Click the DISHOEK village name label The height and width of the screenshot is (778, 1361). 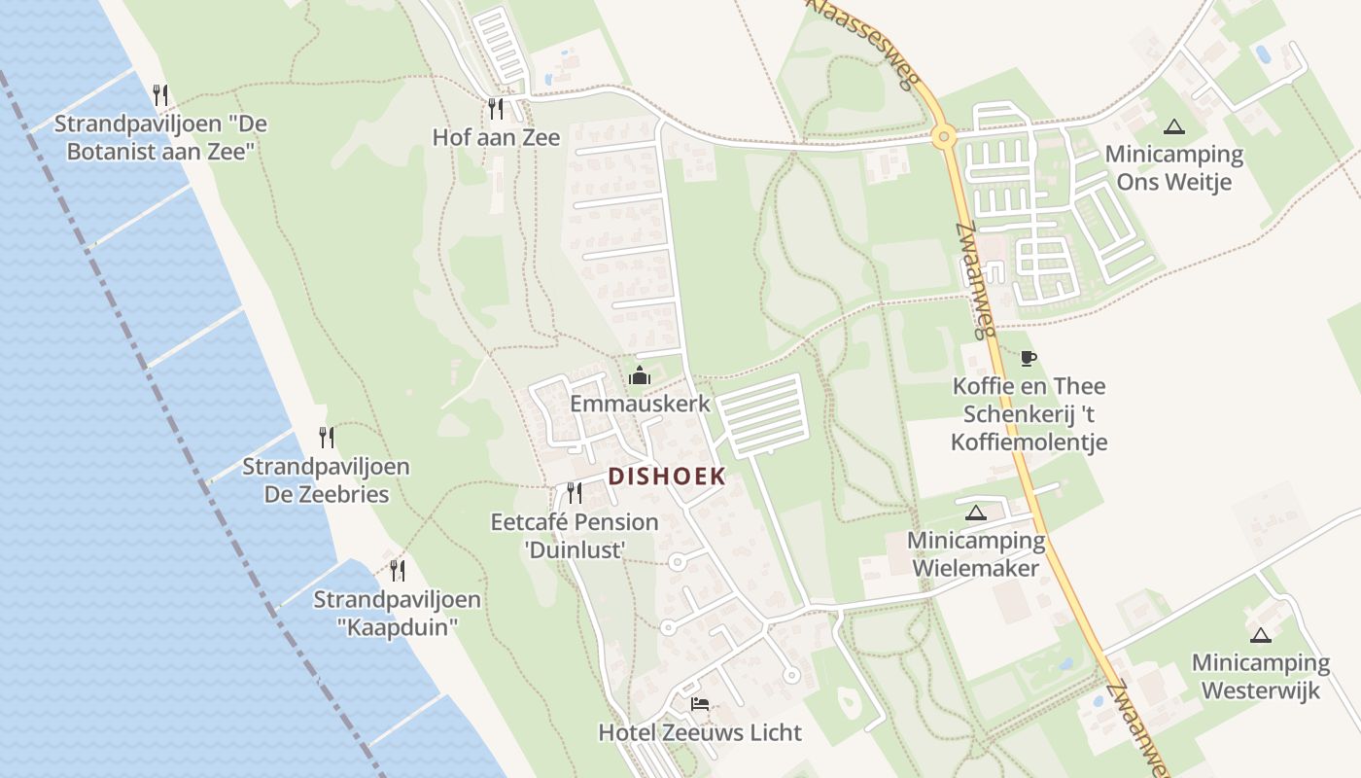click(667, 477)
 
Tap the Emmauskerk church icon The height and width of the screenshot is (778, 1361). click(640, 375)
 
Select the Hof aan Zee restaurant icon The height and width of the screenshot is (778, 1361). click(496, 108)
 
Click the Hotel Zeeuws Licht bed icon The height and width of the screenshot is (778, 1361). click(700, 704)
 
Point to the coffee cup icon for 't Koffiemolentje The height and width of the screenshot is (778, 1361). click(1029, 358)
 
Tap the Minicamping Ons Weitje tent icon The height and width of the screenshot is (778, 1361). click(1174, 126)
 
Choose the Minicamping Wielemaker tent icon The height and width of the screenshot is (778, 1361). click(976, 513)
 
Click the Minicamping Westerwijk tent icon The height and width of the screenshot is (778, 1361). click(1261, 635)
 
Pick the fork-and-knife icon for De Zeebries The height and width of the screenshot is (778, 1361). click(327, 438)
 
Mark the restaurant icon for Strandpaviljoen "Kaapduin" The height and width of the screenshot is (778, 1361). click(397, 570)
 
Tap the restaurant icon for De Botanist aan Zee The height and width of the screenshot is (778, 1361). click(161, 94)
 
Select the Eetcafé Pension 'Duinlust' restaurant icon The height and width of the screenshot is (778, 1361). click(575, 493)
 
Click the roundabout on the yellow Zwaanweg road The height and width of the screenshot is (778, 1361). click(943, 137)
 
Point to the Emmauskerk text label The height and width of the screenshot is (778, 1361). click(640, 404)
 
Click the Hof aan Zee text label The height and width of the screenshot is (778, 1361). click(496, 138)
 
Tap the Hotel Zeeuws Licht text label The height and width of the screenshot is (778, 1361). click(700, 733)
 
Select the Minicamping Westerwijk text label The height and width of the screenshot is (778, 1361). click(1261, 677)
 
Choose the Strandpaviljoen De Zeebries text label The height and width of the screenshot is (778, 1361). click(326, 480)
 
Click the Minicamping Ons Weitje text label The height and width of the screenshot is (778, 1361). click(1174, 168)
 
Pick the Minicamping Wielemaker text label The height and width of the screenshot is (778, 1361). click(976, 554)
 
